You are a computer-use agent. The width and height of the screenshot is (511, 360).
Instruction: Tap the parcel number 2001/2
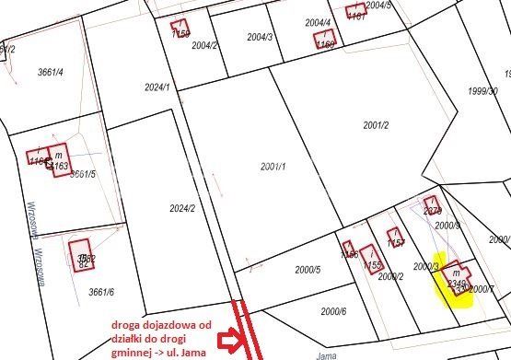coord(377,125)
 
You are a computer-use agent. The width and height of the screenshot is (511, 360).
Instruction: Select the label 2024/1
coord(157,87)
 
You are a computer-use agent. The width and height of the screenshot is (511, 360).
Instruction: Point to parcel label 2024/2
coord(181,208)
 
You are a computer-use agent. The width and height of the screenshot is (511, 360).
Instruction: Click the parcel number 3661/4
coord(49,72)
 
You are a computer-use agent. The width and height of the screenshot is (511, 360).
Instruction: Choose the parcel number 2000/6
coord(333,311)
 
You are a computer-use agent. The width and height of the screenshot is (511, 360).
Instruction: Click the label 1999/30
coord(482,90)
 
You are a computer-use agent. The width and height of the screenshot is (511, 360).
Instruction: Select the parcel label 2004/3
coord(259,38)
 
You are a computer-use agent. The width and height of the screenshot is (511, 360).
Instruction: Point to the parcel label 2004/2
coord(205,45)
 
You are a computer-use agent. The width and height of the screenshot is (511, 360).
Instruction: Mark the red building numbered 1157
coord(395,238)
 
